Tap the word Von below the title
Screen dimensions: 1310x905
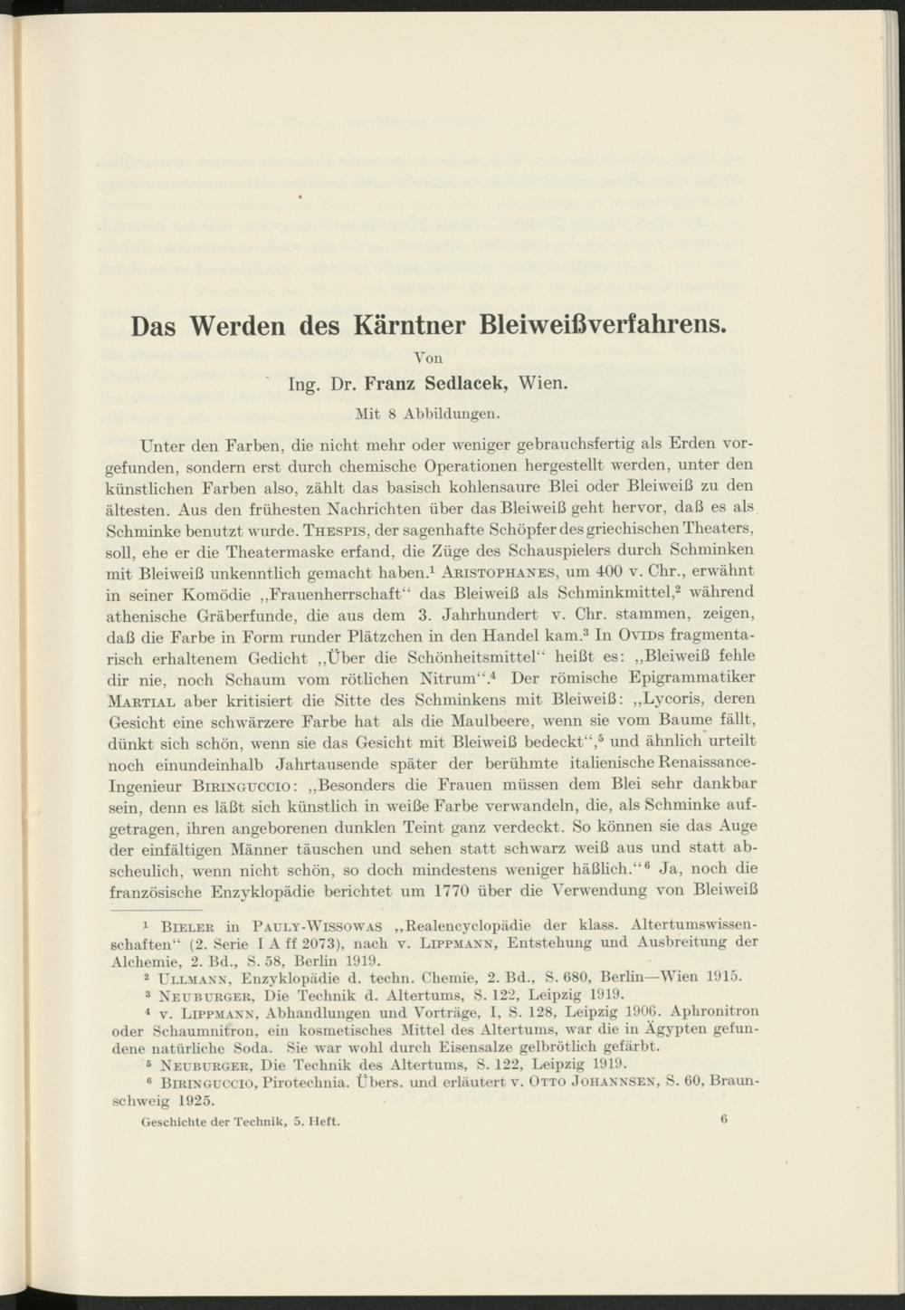click(428, 358)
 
